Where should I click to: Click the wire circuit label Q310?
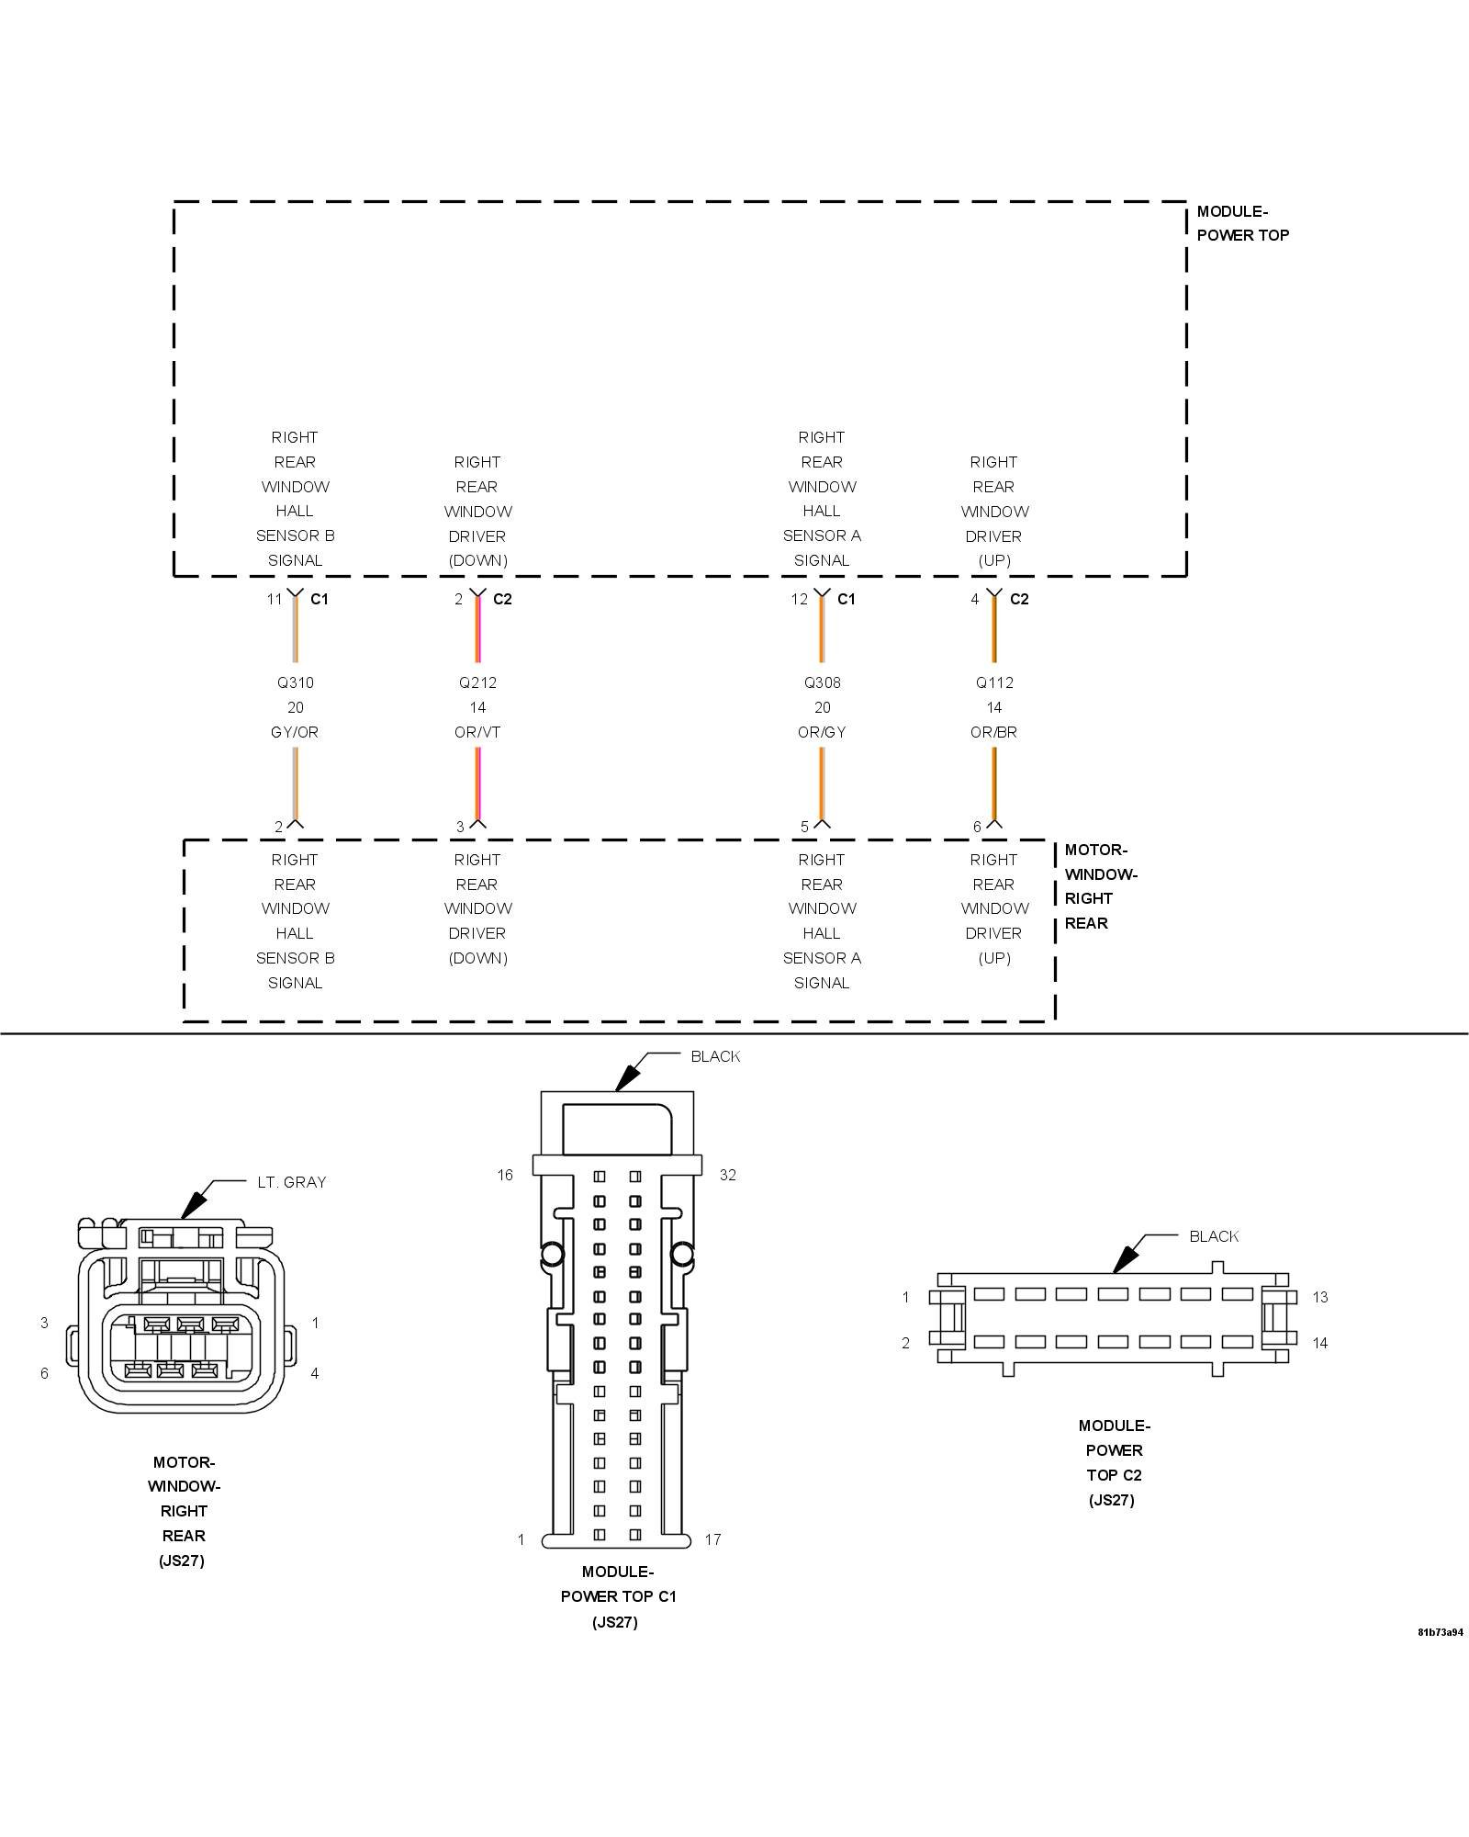coord(295,682)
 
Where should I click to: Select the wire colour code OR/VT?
coord(477,732)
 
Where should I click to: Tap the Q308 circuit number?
coord(822,682)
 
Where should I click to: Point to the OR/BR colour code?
coord(993,732)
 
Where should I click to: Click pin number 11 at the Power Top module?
coord(274,599)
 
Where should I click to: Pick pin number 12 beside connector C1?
coord(799,599)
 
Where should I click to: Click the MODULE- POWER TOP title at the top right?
coord(1242,223)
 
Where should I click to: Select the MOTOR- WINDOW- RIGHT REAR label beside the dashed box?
coord(1100,886)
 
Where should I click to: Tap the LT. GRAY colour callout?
coord(291,1182)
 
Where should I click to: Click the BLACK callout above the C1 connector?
coord(715,1056)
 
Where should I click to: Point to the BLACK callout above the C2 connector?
coord(1213,1236)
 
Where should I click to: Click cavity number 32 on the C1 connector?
coord(727,1175)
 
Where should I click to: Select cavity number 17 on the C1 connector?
coord(712,1539)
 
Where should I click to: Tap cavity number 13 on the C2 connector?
coord(1319,1297)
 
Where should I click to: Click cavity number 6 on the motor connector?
coord(44,1373)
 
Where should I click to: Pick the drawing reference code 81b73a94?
coord(1440,1632)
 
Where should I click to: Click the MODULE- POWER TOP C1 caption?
coord(617,1596)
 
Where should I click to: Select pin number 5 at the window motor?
coord(804,827)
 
